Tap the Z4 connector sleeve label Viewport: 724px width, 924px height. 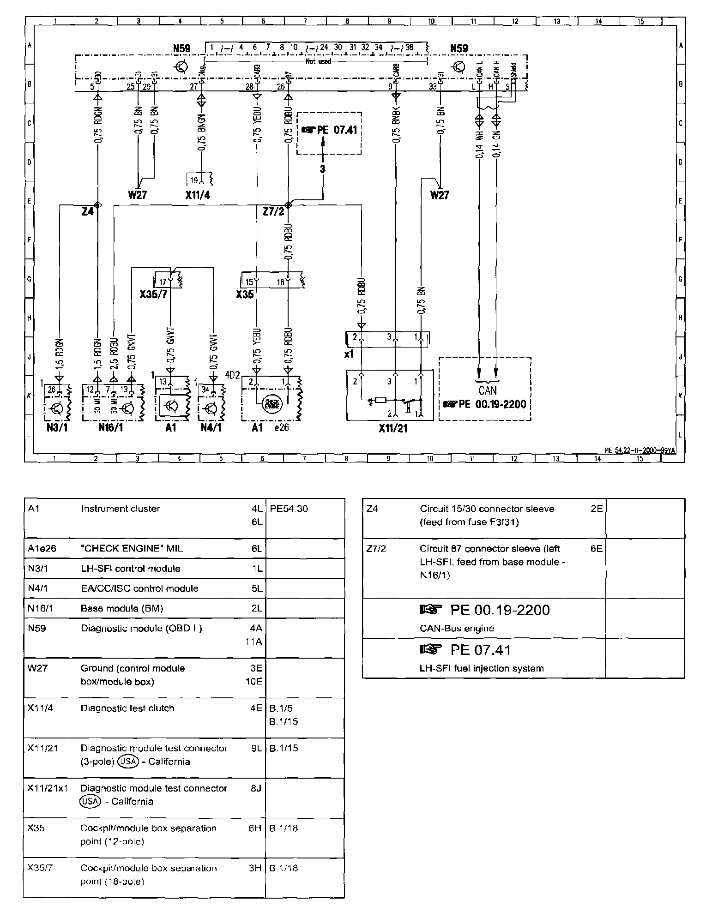click(88, 211)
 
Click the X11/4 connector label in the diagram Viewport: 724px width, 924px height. click(198, 195)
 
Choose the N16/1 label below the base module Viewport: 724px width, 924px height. click(111, 428)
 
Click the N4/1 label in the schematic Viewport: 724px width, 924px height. click(211, 428)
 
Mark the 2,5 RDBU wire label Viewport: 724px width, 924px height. click(114, 354)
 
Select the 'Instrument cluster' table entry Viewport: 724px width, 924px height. click(121, 509)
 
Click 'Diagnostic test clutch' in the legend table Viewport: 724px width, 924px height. click(127, 708)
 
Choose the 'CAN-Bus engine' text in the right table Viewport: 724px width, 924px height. click(457, 628)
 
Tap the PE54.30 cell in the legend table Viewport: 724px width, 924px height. click(289, 509)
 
